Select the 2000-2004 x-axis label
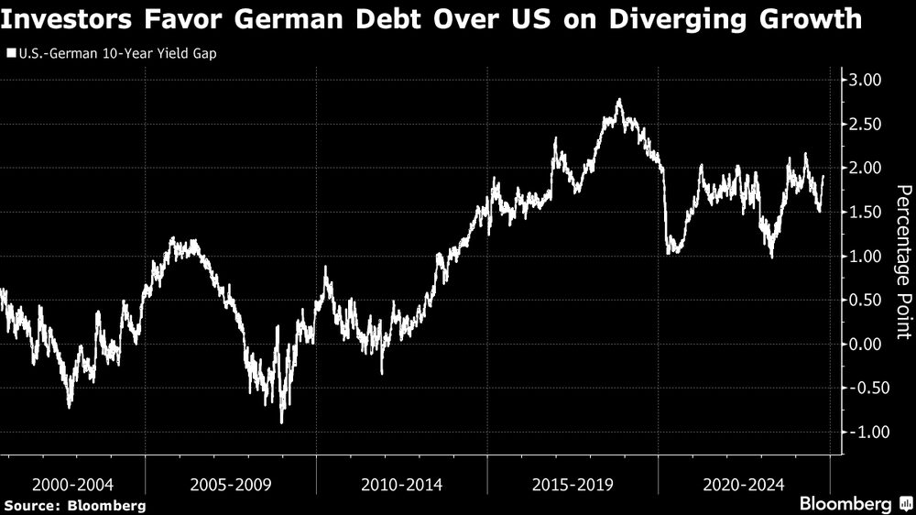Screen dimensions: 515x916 (x=72, y=483)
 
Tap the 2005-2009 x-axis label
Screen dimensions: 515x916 (x=231, y=483)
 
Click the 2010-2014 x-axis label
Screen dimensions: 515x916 (x=402, y=483)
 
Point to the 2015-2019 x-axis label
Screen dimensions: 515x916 (x=572, y=483)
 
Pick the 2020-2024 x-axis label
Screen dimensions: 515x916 (x=744, y=483)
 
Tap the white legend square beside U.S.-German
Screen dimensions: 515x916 (x=9, y=54)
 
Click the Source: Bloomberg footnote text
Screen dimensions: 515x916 (x=75, y=505)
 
